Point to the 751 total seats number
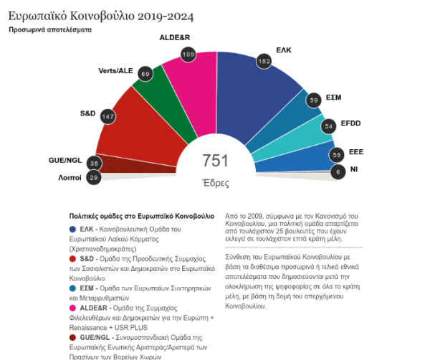pyautogui.click(x=215, y=161)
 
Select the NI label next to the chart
pyautogui.click(x=353, y=169)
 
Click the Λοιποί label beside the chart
pyautogui.click(x=69, y=176)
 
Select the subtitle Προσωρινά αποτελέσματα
pyautogui.click(x=51, y=31)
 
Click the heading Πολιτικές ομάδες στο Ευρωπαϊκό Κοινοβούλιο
pyautogui.click(x=141, y=215)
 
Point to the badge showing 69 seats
pyautogui.click(x=145, y=75)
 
